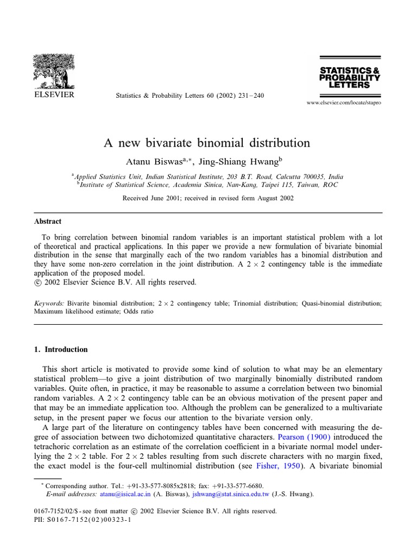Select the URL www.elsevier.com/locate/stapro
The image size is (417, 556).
tap(344, 103)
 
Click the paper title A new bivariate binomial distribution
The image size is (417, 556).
tap(207, 143)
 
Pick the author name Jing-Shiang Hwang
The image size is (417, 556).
tap(242, 161)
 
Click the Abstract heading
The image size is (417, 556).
tap(48, 222)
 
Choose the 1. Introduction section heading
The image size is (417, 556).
tap(61, 350)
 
